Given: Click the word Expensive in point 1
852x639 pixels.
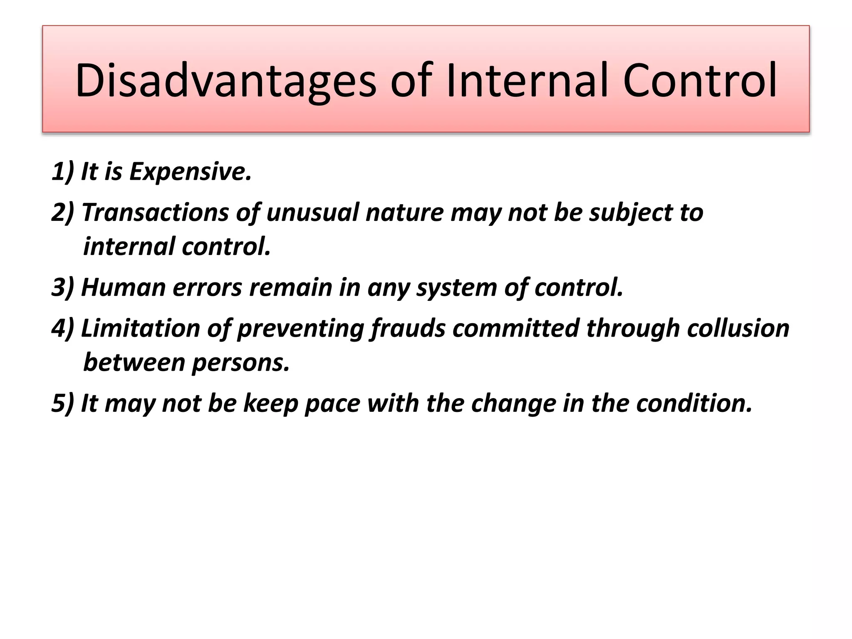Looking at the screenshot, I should (190, 171).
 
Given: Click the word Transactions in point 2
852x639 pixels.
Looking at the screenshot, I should (155, 213).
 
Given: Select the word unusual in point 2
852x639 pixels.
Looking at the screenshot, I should (312, 213).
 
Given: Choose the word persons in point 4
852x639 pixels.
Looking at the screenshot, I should (240, 362).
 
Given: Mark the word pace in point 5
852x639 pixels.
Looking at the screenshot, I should (332, 403).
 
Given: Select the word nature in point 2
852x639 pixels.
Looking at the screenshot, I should (404, 213).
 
